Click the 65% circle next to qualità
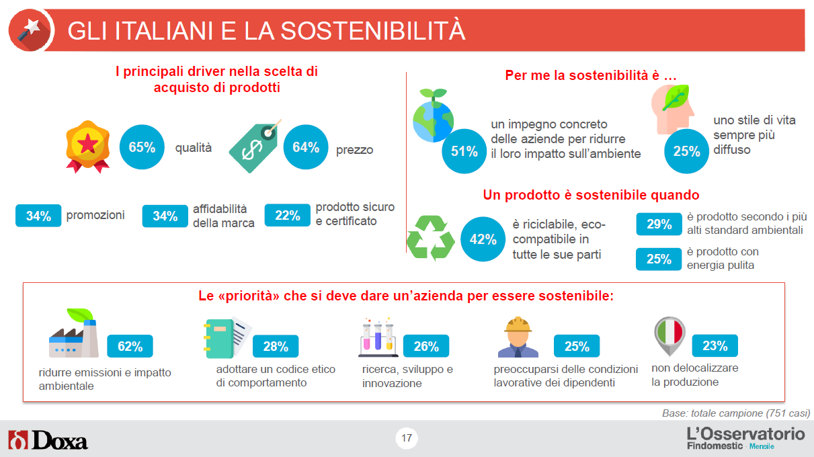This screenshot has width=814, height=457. click(x=142, y=147)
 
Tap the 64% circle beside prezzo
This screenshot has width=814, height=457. click(x=306, y=147)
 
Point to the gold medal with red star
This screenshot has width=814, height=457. click(x=87, y=147)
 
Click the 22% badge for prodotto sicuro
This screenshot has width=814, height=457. click(x=288, y=216)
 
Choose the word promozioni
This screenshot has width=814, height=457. click(x=95, y=215)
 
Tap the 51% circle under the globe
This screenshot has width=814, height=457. click(x=464, y=151)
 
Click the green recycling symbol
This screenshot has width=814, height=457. click(x=431, y=238)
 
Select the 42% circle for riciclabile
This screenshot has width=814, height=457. click(x=483, y=239)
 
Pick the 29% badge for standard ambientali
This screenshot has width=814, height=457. click(x=659, y=224)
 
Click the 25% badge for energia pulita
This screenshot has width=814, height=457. click(x=659, y=259)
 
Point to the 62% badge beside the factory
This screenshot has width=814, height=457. click(x=130, y=346)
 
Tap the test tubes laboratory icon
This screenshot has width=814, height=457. click(x=378, y=337)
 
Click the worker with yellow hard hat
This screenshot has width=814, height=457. click(x=518, y=337)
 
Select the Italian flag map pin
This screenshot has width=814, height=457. click(x=669, y=335)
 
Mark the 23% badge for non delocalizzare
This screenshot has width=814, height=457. click(x=715, y=345)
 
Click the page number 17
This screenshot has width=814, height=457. click(x=407, y=438)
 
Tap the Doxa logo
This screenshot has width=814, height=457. click(x=48, y=440)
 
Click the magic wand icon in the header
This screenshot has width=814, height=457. click(x=30, y=30)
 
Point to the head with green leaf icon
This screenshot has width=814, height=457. click(x=673, y=109)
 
